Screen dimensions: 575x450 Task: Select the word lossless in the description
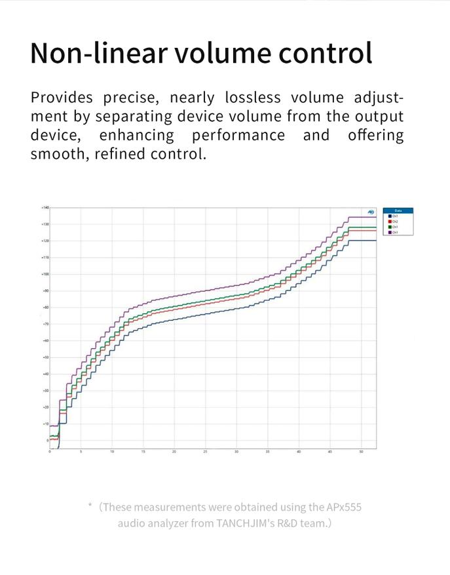click(253, 98)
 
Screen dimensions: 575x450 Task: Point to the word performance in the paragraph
click(238, 135)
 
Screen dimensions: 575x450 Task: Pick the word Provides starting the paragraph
click(62, 98)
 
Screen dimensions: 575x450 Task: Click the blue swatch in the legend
click(389, 216)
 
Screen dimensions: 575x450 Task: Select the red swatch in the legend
click(389, 222)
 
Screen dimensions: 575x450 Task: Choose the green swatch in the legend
click(389, 227)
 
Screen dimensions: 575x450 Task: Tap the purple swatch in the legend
click(389, 232)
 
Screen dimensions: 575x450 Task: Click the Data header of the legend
click(398, 210)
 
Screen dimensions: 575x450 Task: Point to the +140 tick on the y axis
click(45, 207)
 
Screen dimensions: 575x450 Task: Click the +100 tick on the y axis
click(45, 274)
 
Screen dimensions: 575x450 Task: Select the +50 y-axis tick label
click(45, 357)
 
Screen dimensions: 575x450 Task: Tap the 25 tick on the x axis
click(205, 452)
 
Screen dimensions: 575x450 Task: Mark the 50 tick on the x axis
click(361, 452)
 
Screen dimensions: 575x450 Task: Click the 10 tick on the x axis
click(112, 452)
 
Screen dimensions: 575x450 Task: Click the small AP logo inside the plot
click(371, 212)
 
